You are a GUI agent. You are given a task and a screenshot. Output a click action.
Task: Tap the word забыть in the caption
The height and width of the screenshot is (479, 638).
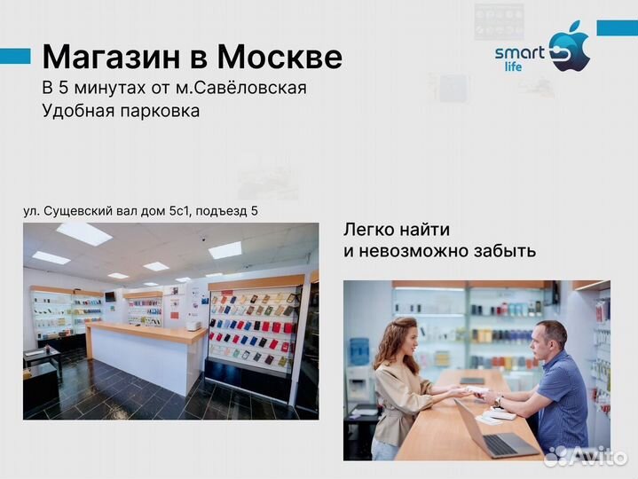pos(504,250)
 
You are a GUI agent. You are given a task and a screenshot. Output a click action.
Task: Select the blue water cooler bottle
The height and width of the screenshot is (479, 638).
pos(360,350)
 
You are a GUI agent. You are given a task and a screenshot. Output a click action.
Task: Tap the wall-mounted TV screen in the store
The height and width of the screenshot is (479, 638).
pos(110,295)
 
